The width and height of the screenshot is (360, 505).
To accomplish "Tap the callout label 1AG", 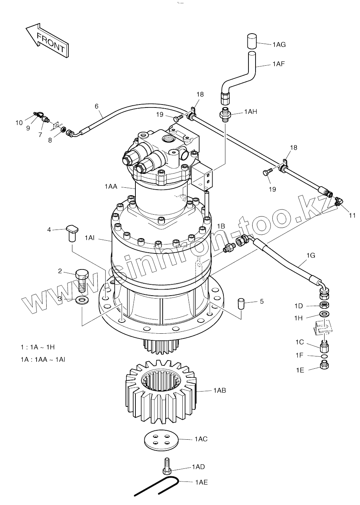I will [279, 45].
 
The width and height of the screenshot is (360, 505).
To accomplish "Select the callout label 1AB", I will [219, 390].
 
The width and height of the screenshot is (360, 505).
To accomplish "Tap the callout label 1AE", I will [201, 482].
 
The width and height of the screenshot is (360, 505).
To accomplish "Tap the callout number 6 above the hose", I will [97, 106].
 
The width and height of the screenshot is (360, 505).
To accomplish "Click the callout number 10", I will [19, 122].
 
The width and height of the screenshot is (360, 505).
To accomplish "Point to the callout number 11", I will [352, 215].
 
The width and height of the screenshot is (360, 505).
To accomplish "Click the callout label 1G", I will [310, 255].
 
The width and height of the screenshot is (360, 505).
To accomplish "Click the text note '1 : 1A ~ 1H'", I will [38, 347].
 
